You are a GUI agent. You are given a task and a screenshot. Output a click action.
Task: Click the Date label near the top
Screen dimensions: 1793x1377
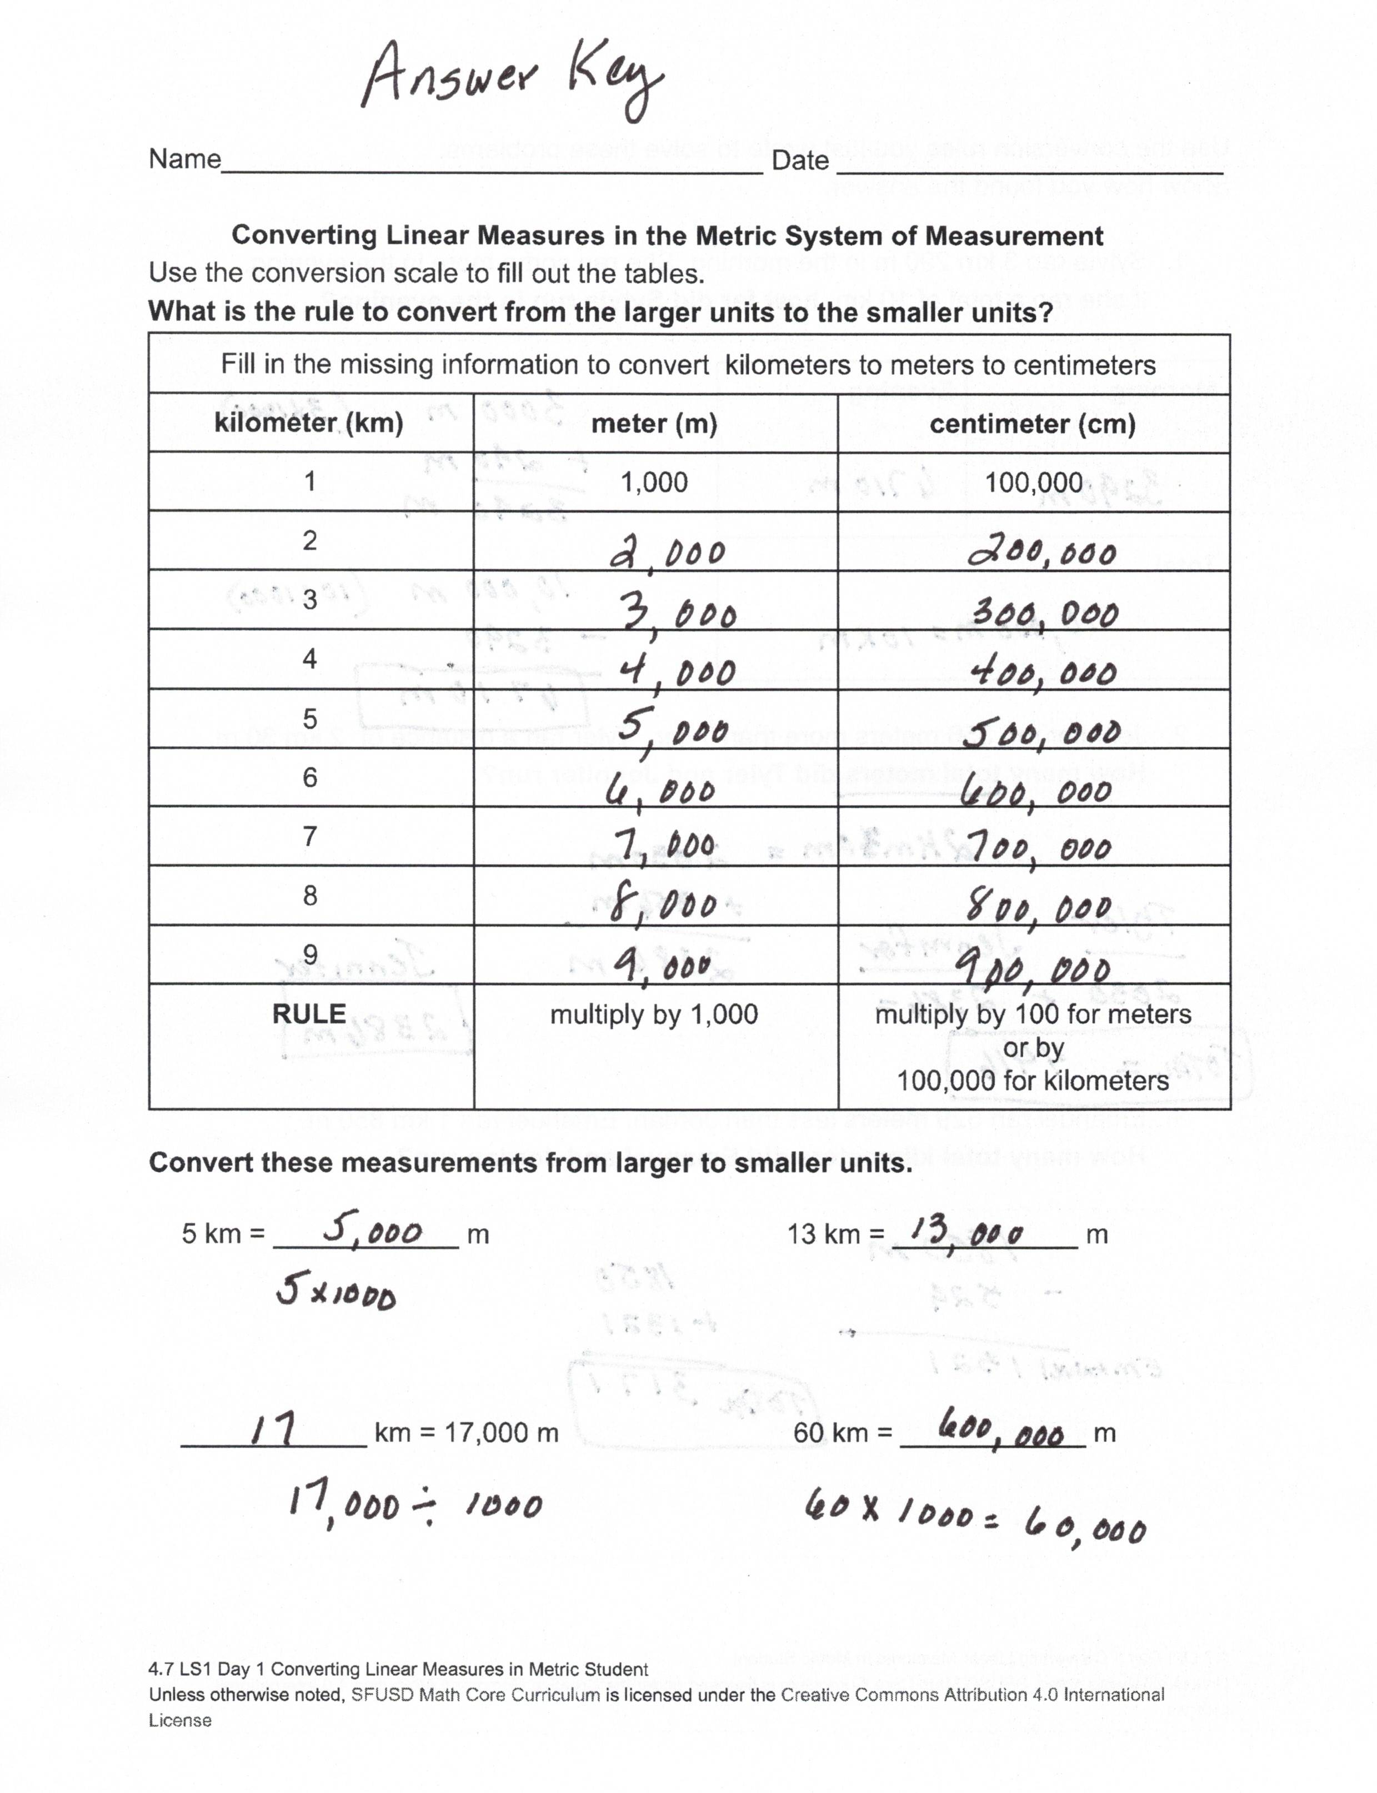(800, 160)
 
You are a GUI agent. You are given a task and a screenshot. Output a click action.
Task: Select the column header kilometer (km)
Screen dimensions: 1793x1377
(309, 423)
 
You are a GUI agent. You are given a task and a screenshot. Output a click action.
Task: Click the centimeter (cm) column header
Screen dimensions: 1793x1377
(1033, 424)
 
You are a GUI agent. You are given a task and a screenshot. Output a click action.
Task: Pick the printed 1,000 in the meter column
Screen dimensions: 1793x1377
(654, 482)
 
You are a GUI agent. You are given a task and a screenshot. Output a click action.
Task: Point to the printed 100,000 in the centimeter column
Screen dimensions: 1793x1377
(1034, 482)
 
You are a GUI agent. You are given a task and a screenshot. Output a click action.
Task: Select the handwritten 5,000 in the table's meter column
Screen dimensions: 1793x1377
(672, 729)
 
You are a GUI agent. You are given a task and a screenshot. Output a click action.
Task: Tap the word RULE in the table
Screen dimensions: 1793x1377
(309, 1014)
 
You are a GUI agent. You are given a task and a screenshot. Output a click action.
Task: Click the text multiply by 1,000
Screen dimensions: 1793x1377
(654, 1014)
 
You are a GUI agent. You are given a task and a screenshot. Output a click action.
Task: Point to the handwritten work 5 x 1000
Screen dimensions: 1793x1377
(336, 1293)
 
